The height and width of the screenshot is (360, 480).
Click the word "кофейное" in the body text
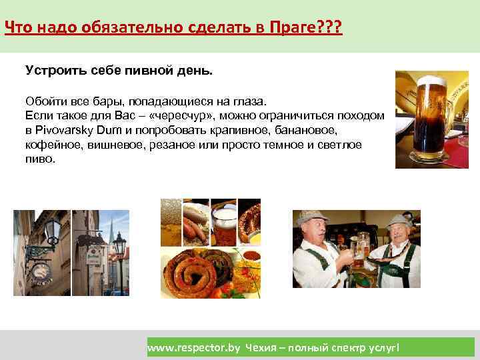48,143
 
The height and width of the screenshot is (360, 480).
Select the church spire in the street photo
106,230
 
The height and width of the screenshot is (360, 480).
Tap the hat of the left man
311,217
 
